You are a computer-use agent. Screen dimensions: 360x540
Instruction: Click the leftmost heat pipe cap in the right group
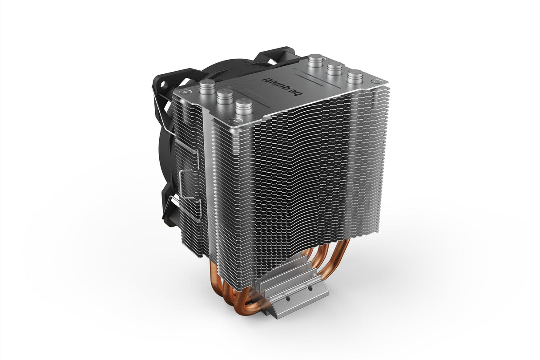pyautogui.click(x=315, y=59)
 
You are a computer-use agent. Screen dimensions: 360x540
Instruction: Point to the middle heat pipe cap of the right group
pyautogui.click(x=334, y=68)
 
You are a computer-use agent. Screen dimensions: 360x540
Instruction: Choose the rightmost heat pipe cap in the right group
pyautogui.click(x=355, y=76)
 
